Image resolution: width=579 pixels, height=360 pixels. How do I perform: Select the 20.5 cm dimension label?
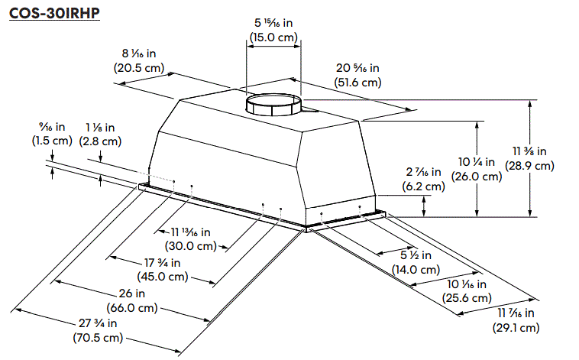click(138, 67)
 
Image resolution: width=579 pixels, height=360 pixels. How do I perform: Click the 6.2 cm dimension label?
click(423, 186)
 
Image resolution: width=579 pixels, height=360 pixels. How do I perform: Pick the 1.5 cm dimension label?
click(51, 141)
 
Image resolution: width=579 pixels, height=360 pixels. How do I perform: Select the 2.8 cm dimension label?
click(100, 141)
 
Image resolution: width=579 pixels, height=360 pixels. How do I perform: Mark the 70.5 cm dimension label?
click(96, 337)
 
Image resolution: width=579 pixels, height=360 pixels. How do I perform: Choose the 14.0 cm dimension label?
click(416, 269)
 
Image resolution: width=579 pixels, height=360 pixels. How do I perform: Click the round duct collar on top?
click(273, 104)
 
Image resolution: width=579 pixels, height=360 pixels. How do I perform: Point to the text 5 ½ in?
click(416, 255)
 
